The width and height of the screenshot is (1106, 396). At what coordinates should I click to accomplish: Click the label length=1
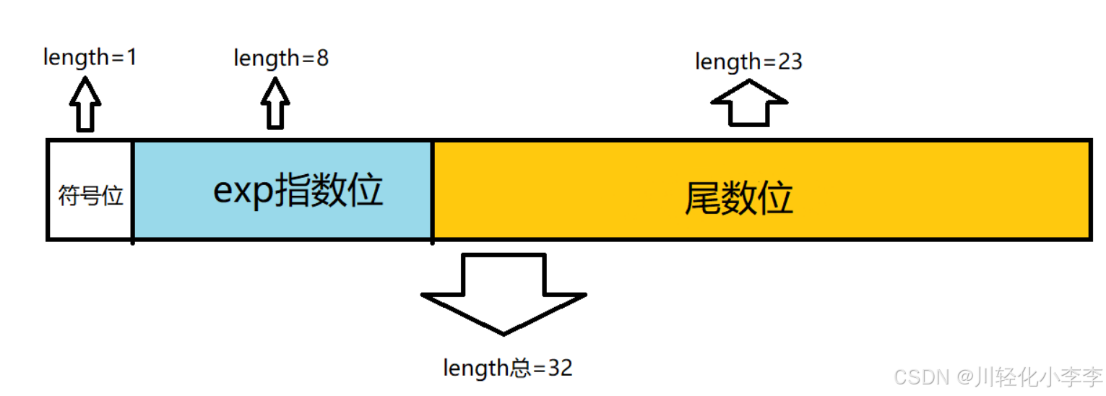90,57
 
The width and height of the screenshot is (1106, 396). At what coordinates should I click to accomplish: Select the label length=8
281,58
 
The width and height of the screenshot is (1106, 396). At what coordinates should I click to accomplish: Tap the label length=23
748,62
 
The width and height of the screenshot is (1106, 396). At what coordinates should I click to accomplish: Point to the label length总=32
508,368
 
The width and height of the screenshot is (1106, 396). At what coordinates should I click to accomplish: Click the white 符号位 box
90,195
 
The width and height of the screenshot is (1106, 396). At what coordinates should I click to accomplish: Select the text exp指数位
298,191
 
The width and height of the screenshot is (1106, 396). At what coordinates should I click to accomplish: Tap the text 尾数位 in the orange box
738,197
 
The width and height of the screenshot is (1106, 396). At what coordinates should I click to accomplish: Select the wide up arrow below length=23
749,103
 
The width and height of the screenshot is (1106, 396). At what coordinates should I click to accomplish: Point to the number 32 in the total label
560,368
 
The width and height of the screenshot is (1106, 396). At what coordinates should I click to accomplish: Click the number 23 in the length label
790,62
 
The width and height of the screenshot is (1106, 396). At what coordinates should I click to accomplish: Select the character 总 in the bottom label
521,368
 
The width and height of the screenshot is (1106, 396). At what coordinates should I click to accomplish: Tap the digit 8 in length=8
322,58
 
